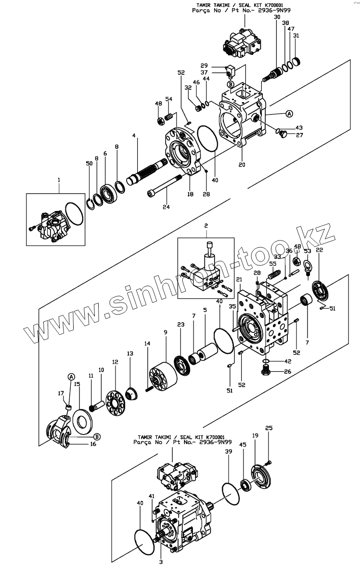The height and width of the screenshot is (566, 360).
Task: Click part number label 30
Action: click(x=277, y=17)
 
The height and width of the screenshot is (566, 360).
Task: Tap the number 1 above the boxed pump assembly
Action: click(x=59, y=180)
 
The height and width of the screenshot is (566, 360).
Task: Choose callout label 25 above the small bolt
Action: click(x=269, y=428)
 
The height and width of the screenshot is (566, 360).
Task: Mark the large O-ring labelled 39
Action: click(x=230, y=491)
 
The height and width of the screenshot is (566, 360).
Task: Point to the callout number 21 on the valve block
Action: click(x=239, y=279)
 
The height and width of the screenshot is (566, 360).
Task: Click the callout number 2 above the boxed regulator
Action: click(x=206, y=225)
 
